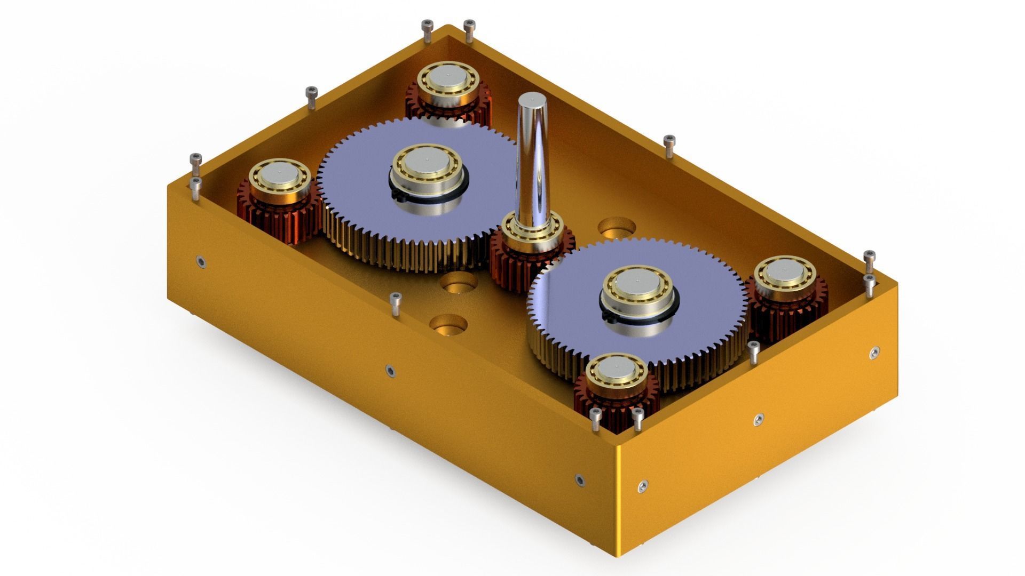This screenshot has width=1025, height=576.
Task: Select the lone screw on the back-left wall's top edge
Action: click(311, 98)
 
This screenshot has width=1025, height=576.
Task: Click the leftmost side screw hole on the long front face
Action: click(200, 261)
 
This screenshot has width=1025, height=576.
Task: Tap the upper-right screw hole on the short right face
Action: click(874, 353)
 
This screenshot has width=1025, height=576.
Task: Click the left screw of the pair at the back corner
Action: click(427, 30)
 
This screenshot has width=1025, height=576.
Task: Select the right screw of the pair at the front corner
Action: click(637, 419)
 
